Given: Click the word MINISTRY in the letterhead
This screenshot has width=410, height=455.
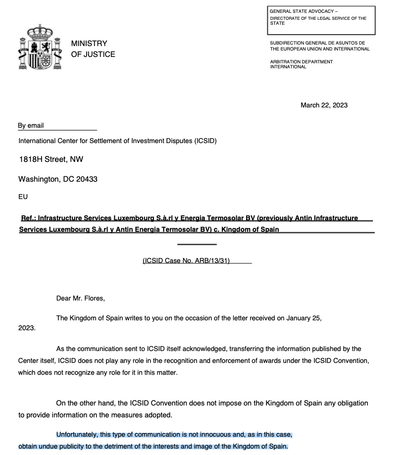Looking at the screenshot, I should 89,44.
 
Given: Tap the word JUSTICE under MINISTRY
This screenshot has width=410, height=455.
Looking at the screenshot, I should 100,54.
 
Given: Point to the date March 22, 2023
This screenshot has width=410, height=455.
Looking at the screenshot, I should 324,105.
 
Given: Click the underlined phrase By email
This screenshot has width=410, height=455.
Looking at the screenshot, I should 31,126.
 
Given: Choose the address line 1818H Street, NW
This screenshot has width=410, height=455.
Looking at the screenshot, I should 51,159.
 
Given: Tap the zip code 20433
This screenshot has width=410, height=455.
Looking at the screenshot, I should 87,179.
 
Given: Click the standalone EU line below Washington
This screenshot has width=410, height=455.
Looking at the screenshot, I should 23,197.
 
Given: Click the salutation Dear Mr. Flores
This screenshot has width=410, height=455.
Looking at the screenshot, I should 81,298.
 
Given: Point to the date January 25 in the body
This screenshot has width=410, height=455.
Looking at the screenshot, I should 304,318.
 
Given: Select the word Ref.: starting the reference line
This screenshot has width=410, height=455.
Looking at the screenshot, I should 28,218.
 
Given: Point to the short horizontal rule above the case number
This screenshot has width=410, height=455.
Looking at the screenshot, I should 197,244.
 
